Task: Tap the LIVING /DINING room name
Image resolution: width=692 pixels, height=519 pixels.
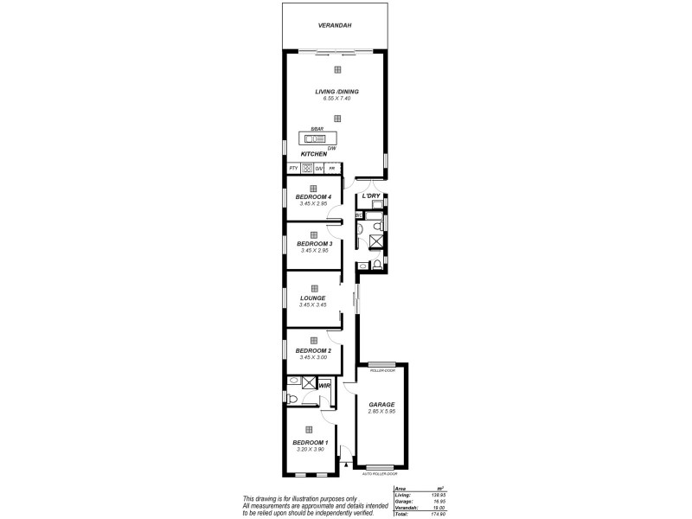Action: (x=336, y=93)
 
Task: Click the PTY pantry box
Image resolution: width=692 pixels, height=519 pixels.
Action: (x=293, y=168)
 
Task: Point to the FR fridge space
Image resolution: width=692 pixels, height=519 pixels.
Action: (x=331, y=168)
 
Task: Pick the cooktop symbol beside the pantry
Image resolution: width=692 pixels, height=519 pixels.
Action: (x=306, y=168)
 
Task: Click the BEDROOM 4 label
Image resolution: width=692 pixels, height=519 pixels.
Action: (x=313, y=197)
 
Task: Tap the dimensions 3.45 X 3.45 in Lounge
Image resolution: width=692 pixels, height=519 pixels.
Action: (x=313, y=304)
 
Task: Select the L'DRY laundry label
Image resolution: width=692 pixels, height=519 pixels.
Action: (x=371, y=196)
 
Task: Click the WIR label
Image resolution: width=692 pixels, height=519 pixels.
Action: (x=324, y=386)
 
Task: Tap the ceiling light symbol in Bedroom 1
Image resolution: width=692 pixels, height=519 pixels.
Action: (x=308, y=428)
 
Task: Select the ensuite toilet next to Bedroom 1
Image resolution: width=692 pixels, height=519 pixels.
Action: (x=293, y=399)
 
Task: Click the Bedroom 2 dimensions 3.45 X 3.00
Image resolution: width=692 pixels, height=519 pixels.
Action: (x=313, y=357)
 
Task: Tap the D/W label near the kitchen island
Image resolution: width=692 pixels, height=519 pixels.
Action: (x=331, y=148)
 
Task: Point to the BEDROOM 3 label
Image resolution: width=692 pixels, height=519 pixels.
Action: (x=313, y=244)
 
